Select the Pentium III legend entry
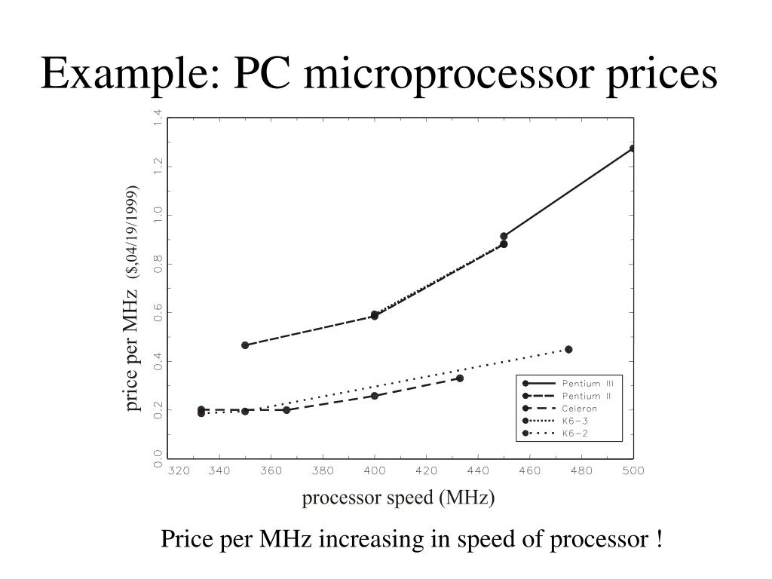pos(588,383)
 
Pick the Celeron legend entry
pos(579,408)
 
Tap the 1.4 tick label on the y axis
pos(158,118)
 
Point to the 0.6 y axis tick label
pos(158,313)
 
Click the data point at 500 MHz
pos(633,149)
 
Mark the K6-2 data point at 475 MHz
pos(568,349)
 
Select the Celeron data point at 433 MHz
pos(460,378)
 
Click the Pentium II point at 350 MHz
pos(245,345)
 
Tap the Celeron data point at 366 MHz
pos(286,410)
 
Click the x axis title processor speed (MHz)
pos(398,498)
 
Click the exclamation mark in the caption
pos(659,540)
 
